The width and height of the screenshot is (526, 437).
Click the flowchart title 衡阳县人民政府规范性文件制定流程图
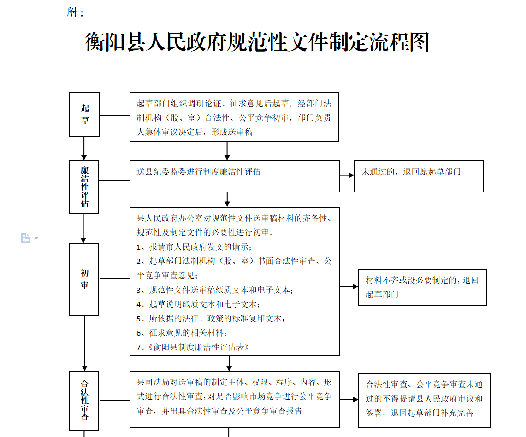257,42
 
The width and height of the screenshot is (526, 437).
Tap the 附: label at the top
75,12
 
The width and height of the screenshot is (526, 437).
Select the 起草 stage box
84,115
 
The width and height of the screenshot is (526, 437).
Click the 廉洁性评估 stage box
84,186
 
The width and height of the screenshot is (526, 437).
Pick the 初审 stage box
84,279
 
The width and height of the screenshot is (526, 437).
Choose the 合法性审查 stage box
84,401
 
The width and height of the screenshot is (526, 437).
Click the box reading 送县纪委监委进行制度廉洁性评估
235,176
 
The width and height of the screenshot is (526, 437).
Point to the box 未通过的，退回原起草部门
419,176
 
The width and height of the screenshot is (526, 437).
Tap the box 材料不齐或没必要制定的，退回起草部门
422,287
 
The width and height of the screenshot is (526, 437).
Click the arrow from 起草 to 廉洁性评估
84,149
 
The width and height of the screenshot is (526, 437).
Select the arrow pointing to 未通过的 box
347,175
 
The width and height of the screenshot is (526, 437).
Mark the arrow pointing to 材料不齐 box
349,286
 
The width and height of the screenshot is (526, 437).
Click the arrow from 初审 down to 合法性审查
84,344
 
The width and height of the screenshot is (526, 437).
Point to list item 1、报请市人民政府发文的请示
194,247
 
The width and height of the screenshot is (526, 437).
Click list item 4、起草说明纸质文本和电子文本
198,304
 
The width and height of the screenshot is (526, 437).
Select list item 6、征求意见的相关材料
182,333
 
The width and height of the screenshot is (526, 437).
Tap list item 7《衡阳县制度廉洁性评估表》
193,347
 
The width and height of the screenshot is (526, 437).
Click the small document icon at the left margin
25,238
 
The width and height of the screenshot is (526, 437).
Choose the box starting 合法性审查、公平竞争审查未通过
425,401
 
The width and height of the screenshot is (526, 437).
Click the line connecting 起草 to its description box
115,115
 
